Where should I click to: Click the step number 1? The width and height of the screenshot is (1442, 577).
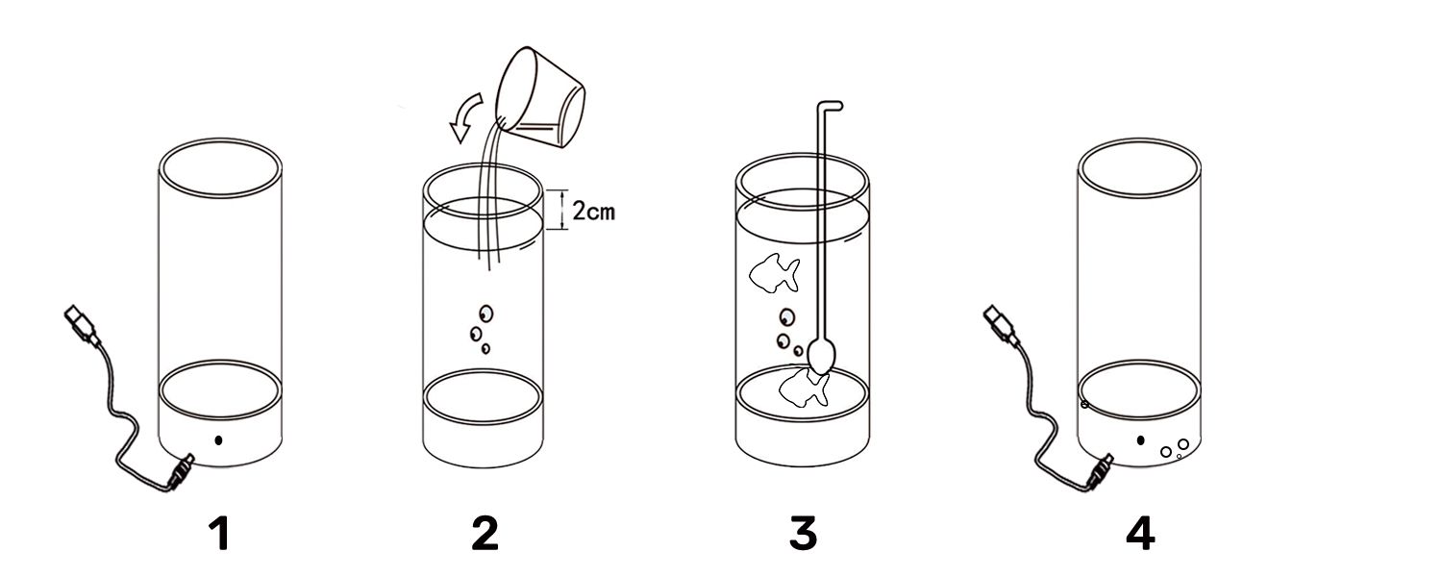(x=220, y=534)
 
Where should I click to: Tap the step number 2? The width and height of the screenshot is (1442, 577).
(x=485, y=534)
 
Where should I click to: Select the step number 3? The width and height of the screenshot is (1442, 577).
(x=803, y=534)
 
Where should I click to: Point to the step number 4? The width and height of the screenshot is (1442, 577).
(x=1139, y=534)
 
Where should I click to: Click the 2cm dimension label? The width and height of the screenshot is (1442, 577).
(x=593, y=211)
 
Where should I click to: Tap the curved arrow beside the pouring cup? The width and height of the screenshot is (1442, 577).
(x=464, y=117)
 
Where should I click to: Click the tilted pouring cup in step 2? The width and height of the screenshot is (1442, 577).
(x=542, y=98)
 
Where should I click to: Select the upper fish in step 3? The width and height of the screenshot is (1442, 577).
(x=775, y=274)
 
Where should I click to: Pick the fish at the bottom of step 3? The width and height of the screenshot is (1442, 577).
(x=804, y=389)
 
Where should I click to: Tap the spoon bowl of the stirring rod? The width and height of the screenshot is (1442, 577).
(x=822, y=357)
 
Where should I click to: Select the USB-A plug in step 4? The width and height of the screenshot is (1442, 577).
(x=1000, y=322)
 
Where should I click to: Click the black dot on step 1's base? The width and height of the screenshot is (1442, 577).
(x=219, y=440)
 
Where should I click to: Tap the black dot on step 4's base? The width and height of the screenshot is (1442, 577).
(x=1141, y=440)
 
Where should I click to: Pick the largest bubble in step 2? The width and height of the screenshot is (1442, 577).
(x=485, y=314)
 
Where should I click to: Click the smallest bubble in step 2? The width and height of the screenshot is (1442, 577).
(x=485, y=348)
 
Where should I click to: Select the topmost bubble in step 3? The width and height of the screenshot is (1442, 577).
(x=786, y=316)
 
